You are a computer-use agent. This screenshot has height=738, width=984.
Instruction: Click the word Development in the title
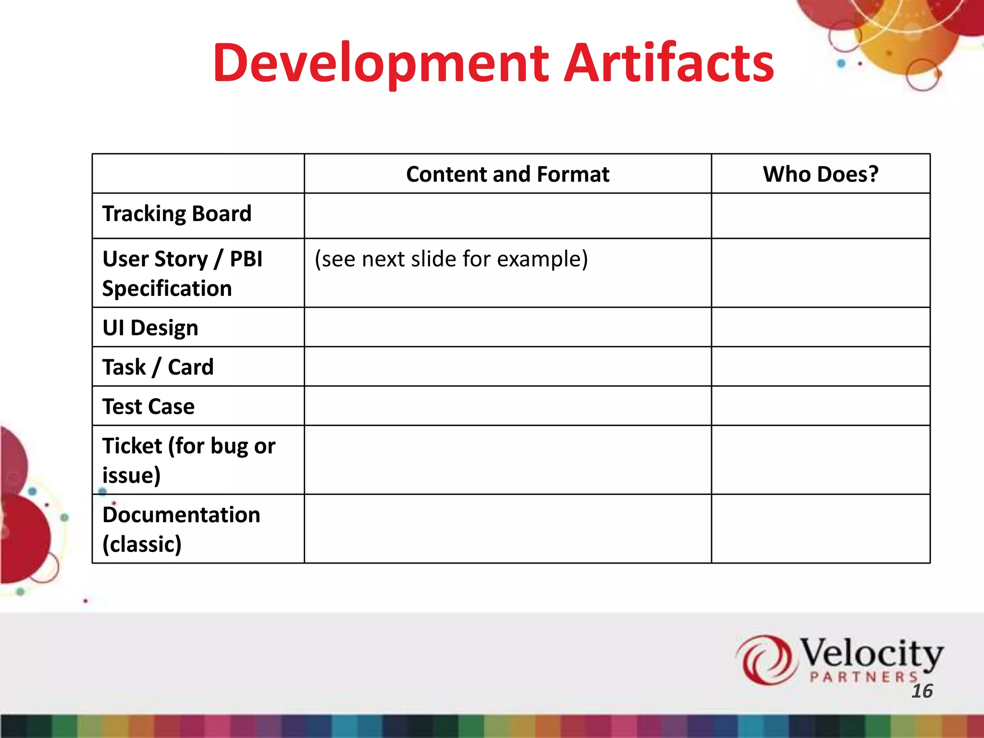381,63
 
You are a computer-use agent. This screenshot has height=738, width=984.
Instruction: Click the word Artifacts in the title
668,63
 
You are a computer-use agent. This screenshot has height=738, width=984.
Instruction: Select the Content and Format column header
507,174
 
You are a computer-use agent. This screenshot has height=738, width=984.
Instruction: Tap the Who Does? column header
820,174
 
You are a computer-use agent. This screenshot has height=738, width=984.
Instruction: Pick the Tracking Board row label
177,214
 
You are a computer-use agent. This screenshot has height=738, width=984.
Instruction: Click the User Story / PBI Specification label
182,273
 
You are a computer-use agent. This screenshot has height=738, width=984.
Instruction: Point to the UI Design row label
150,328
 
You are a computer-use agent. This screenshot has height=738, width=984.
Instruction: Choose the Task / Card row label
158,368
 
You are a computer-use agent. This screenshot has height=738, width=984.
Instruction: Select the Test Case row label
148,407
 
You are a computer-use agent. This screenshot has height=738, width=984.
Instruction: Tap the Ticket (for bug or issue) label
188,460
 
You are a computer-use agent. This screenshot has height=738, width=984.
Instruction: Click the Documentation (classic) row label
181,529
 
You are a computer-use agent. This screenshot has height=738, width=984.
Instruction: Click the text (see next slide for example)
451,259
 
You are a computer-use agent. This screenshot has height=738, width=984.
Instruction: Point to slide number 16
922,691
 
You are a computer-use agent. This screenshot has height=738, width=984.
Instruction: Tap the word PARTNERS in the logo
863,677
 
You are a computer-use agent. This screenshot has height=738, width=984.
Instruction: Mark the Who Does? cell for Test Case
820,406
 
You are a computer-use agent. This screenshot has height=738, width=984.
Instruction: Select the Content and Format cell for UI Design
507,327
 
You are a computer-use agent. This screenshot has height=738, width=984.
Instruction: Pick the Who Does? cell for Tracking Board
820,216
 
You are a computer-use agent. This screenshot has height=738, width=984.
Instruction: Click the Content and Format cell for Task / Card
507,367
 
